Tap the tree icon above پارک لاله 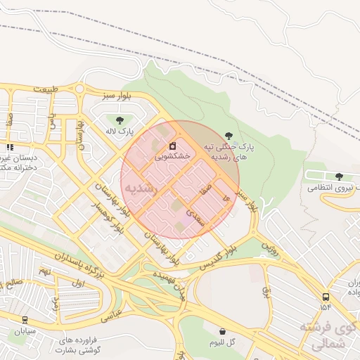coord(120,120)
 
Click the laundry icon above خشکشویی coord(173,146)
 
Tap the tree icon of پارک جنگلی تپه coord(228,135)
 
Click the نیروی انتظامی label coord(331,188)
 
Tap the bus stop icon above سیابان coord(25,320)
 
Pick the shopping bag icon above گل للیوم coord(222,330)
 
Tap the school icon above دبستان coord(10,147)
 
